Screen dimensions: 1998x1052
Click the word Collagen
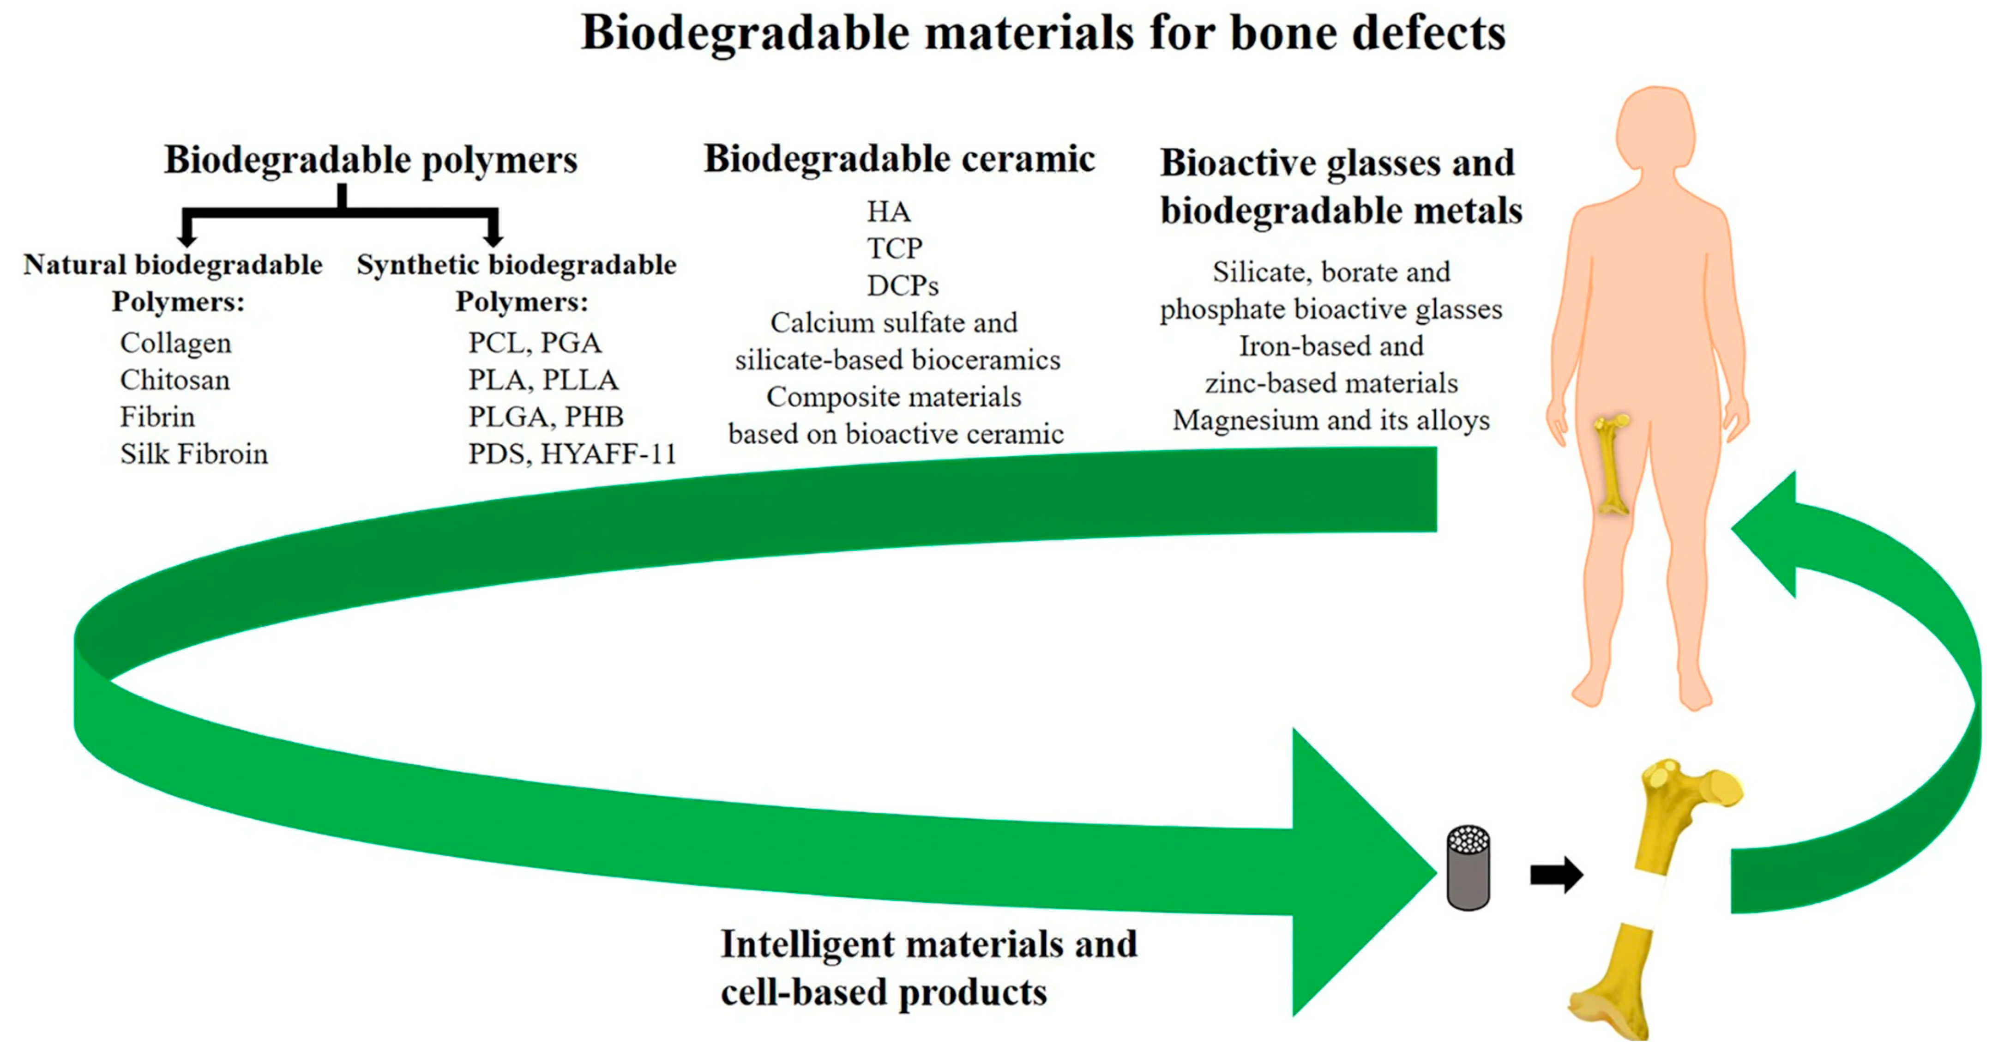point(175,343)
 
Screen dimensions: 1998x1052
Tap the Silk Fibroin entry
point(194,454)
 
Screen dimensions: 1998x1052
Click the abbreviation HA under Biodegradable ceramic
point(888,211)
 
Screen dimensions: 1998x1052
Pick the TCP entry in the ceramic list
point(894,248)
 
